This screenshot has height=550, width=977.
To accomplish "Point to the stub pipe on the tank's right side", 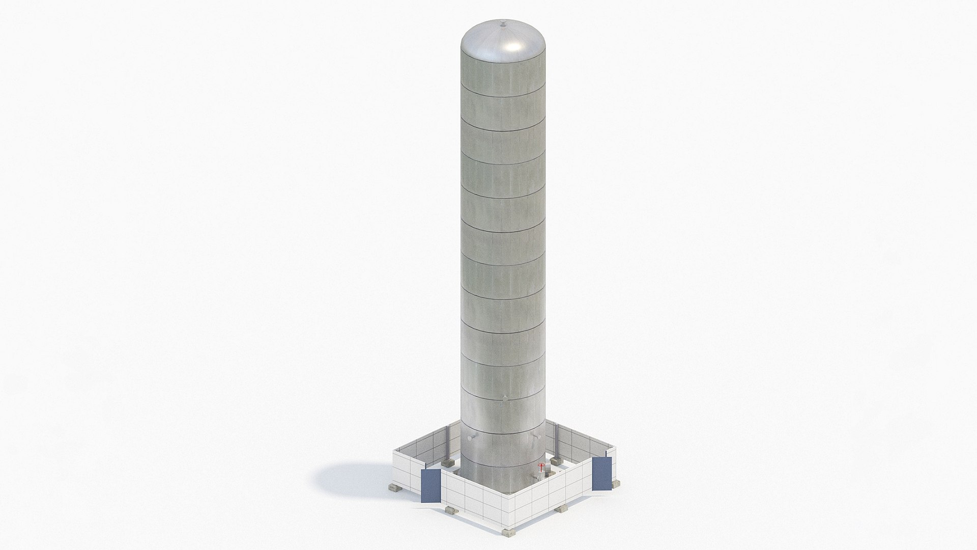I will (537, 436).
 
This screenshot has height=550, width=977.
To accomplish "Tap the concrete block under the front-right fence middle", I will (562, 509).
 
